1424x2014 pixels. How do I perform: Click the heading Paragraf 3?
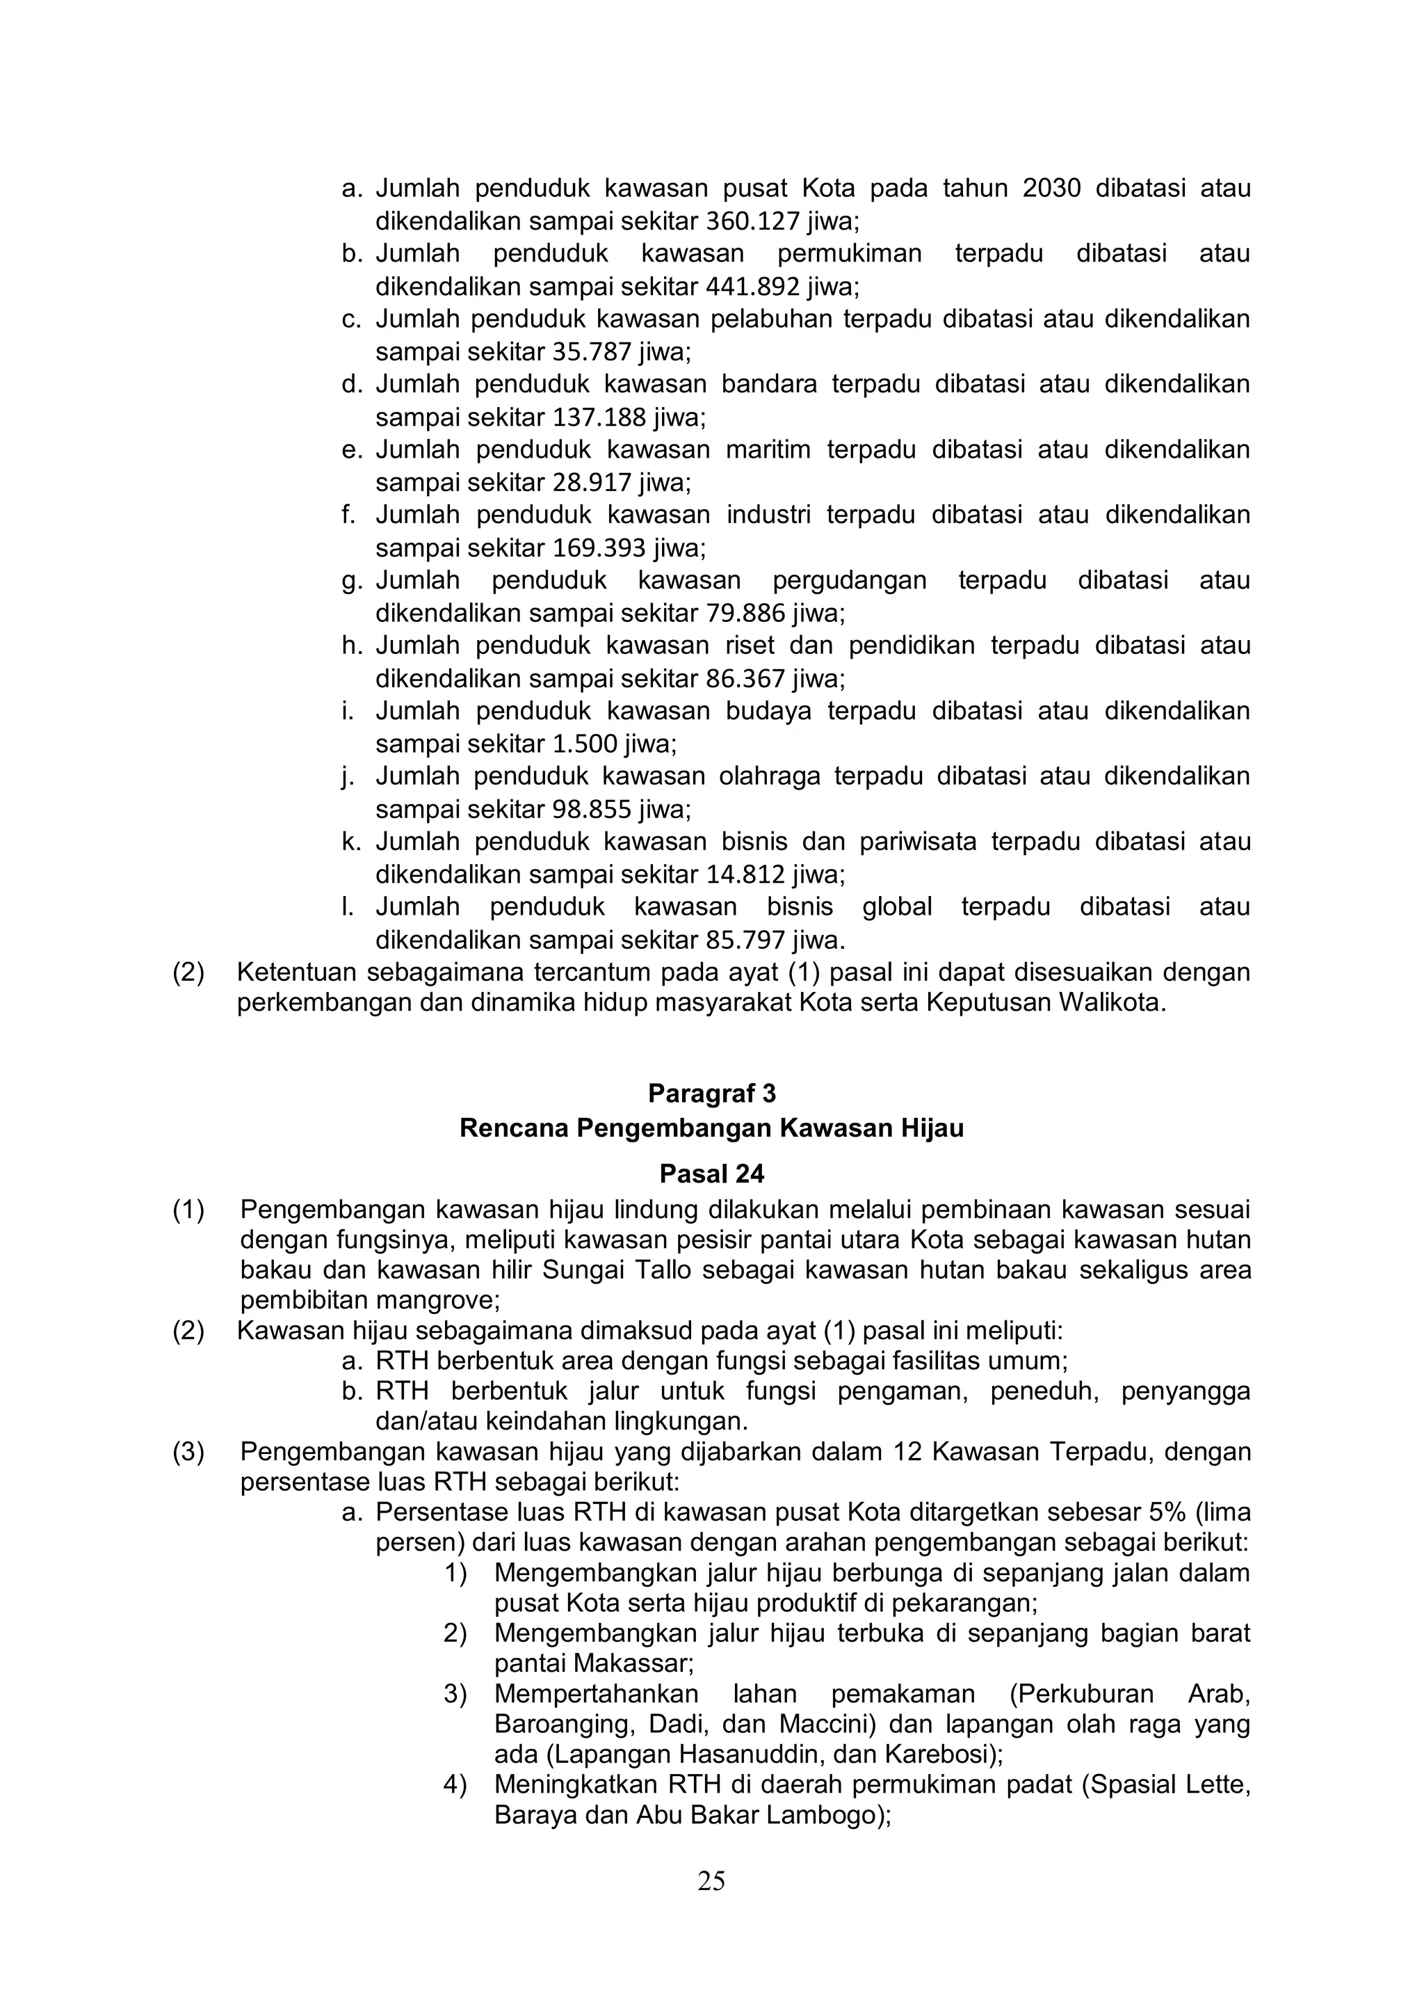[711, 1094]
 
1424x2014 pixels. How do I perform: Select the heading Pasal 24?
[711, 1174]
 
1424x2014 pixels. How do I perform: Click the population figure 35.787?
[592, 353]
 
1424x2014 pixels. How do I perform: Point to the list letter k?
[350, 842]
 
